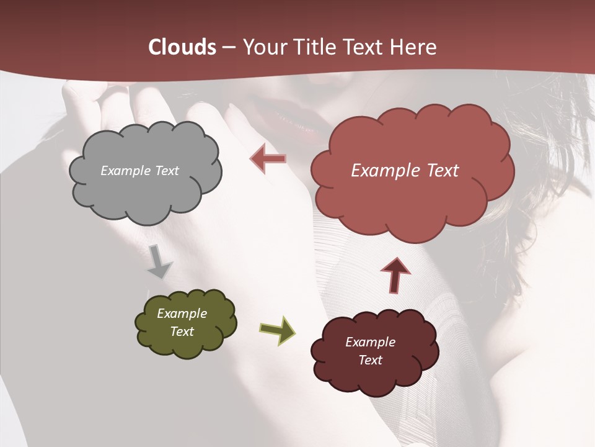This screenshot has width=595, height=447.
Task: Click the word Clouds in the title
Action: tap(183, 47)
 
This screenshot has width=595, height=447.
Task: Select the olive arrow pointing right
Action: tap(277, 330)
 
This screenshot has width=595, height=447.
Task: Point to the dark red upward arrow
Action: tap(395, 274)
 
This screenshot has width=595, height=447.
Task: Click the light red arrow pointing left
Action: tap(268, 158)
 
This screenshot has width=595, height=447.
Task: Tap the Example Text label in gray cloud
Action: tap(139, 171)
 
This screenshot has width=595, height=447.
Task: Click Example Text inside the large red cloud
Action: tap(405, 171)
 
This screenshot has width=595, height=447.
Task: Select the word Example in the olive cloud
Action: tap(182, 314)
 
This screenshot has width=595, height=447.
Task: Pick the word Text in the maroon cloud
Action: tap(370, 360)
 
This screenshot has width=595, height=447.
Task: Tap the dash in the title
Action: tap(227, 48)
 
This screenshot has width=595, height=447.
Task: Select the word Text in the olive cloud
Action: tap(182, 332)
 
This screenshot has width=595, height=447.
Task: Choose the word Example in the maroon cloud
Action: tap(370, 342)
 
